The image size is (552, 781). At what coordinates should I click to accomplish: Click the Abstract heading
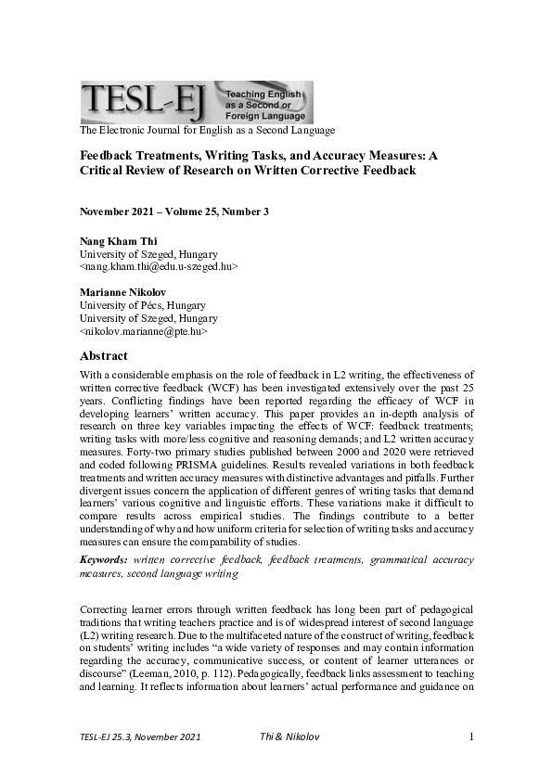tap(104, 356)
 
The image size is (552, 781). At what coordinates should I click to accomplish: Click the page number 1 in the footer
tap(471, 736)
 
